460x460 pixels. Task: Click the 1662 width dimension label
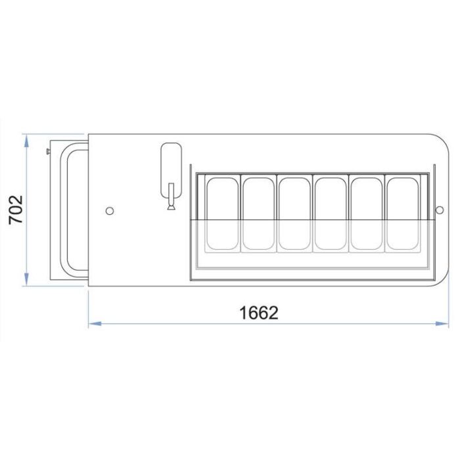coord(259,313)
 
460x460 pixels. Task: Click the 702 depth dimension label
coord(16,210)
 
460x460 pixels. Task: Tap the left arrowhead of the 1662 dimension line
coord(95,323)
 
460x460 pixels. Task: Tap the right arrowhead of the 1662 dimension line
coord(442,323)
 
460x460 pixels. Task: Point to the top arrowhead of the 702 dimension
coord(26,141)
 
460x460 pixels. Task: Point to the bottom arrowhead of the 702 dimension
coord(26,279)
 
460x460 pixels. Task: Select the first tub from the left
coord(222,214)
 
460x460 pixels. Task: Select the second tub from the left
coord(258,214)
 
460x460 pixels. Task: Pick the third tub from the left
coord(294,214)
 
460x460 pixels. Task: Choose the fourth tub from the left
coord(331,214)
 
